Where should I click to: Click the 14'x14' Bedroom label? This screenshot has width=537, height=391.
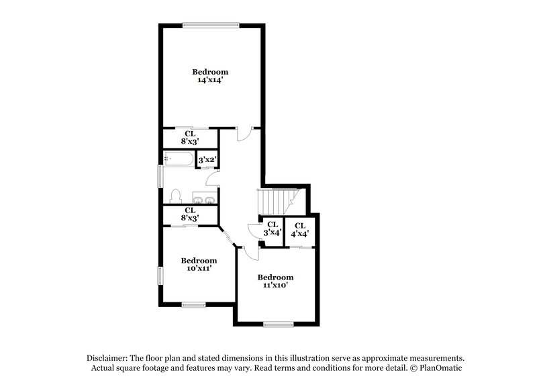pos(210,76)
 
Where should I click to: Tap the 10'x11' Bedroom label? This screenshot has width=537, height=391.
pos(199,265)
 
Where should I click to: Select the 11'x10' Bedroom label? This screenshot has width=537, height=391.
pos(275,281)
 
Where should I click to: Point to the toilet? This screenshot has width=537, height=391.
pos(176,195)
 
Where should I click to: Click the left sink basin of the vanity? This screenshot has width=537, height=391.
pos(199,199)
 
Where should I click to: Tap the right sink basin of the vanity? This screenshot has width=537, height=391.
pos(210,199)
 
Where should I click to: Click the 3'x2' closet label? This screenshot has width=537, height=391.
pos(207,160)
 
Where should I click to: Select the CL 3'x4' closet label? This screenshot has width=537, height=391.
pos(272,229)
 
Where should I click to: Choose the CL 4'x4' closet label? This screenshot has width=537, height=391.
pos(299,229)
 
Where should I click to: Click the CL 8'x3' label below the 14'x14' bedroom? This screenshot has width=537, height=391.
pos(190,138)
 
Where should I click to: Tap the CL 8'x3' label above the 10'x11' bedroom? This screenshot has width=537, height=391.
pos(190,214)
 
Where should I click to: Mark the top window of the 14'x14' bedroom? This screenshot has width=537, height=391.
pos(210,26)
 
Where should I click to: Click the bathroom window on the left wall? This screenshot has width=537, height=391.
pos(160,176)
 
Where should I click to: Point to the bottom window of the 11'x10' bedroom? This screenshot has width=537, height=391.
pos(278,325)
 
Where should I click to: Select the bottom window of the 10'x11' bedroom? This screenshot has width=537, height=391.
pos(193,305)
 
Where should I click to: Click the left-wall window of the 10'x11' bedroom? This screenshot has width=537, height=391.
pos(160,276)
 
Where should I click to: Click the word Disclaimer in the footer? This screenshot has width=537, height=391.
pos(109,358)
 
